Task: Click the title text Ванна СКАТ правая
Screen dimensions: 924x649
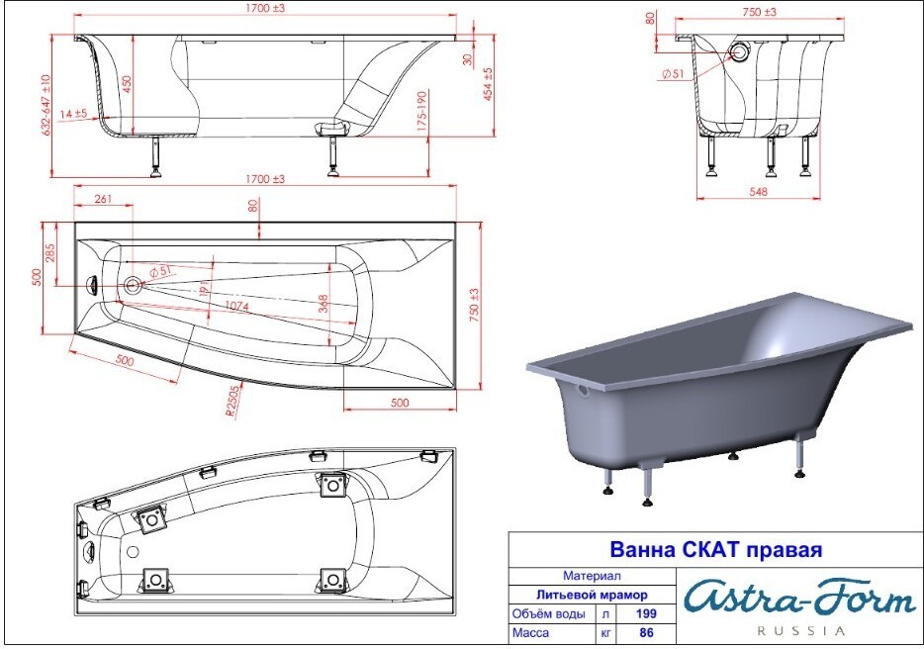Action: (715, 549)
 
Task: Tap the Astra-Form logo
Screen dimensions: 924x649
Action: (799, 600)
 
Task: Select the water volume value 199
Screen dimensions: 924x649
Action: (646, 613)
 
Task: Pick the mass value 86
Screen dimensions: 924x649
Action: (646, 633)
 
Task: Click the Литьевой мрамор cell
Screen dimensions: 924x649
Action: (592, 595)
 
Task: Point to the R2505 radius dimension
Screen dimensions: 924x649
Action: (233, 402)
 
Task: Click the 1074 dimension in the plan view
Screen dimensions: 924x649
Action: (236, 306)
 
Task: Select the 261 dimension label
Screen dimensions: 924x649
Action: (103, 199)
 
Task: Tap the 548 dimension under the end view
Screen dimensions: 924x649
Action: (759, 192)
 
